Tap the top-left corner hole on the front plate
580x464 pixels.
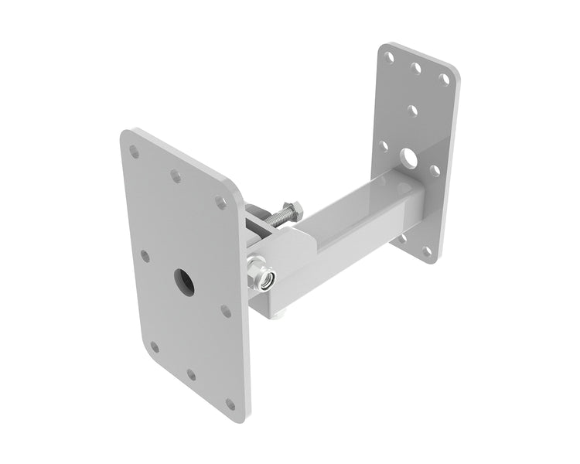click(135, 152)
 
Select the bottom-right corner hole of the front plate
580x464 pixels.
click(230, 404)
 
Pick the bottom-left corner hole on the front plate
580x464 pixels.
click(155, 346)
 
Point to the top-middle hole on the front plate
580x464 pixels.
click(176, 176)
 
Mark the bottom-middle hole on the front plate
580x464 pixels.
click(191, 375)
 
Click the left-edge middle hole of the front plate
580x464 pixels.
click(145, 255)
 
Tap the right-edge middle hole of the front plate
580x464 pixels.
click(226, 311)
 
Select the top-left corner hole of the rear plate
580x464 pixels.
click(390, 57)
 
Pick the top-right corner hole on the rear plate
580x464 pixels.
click(444, 79)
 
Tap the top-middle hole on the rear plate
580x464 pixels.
click(416, 68)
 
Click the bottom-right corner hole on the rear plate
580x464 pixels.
click(427, 251)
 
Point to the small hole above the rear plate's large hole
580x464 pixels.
click(412, 111)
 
